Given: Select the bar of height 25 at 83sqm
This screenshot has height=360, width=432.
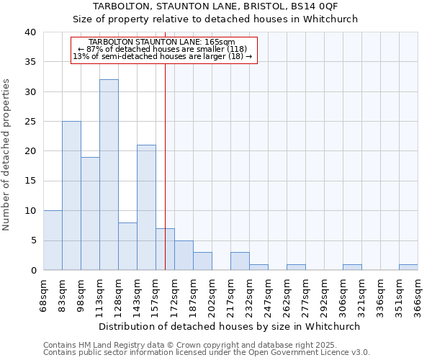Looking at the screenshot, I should coord(71,196).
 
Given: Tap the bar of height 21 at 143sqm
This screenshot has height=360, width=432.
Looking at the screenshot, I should coord(146,207).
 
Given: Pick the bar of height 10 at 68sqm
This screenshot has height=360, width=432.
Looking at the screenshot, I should coord(53,240).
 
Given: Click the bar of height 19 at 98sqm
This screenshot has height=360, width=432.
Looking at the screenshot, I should coord(90,214).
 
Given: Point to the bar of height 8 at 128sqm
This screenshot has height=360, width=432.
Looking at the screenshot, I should coord(127,246).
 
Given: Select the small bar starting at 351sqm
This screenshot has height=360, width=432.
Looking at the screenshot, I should coord(408,267).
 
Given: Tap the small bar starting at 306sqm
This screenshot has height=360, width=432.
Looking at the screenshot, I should coord(352,267).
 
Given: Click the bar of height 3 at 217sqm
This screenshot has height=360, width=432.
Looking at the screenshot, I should coord(240,261).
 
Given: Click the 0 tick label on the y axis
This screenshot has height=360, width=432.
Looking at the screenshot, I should coord(33,270).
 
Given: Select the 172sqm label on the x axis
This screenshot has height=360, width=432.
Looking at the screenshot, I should coord(175,294).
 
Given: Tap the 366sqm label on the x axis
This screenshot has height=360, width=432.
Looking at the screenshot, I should coord(418,294).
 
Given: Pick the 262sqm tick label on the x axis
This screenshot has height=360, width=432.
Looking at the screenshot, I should coord(287,294).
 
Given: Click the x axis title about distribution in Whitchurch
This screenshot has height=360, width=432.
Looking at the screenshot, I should coord(230,326).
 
